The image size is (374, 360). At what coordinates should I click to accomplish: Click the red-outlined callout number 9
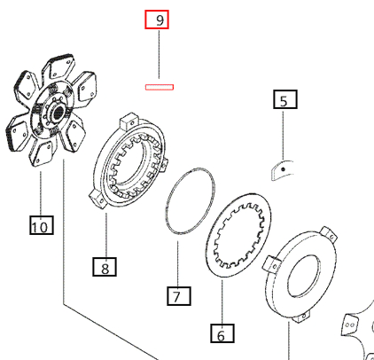pos(160,20)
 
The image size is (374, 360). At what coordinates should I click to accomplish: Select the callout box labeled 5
pos(284,100)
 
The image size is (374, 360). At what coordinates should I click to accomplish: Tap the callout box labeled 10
pos(41,227)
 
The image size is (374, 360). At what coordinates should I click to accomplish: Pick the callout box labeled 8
pos(105,265)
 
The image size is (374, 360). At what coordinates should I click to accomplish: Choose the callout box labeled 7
pos(177,295)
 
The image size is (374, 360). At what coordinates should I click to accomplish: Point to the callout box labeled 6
pos(222,333)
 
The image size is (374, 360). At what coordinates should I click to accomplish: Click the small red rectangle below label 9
pos(160,87)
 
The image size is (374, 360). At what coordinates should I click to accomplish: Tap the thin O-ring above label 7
pos(190,203)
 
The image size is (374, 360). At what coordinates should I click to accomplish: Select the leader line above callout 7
pos(178,257)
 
